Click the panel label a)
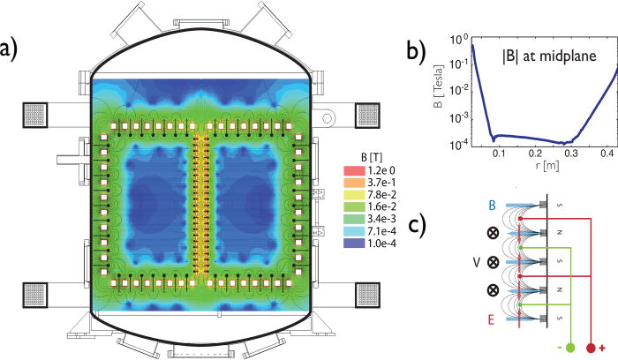pyautogui.click(x=11, y=45)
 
